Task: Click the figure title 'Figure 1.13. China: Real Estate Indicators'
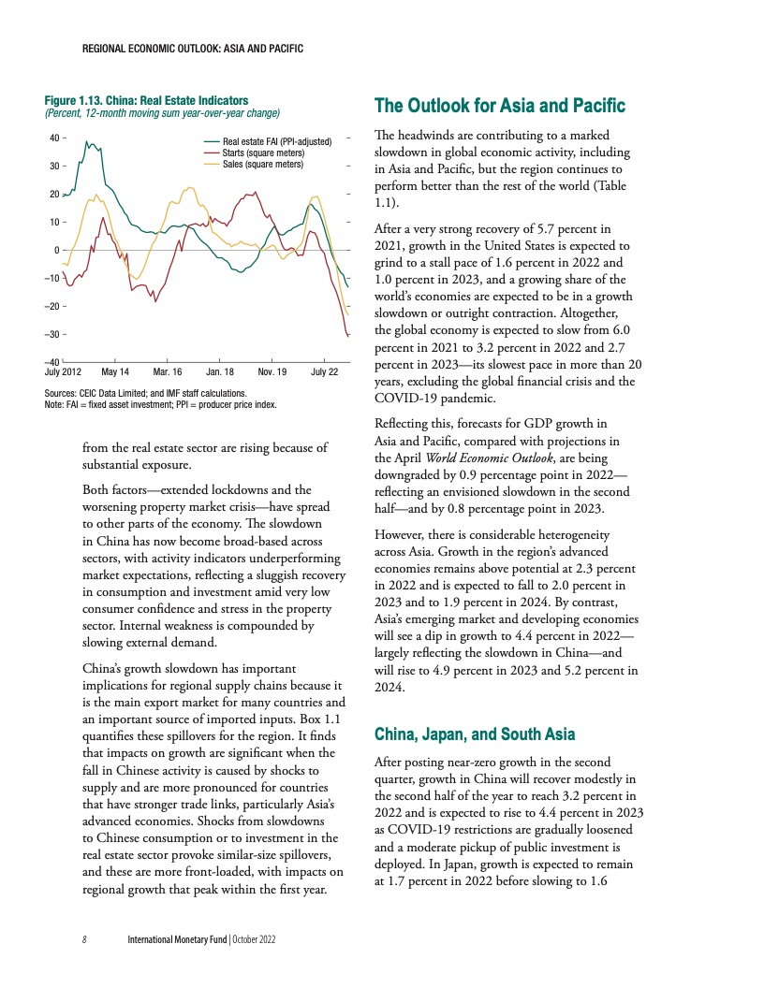(x=147, y=99)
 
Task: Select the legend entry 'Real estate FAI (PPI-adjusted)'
(x=278, y=142)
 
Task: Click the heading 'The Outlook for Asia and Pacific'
(x=499, y=105)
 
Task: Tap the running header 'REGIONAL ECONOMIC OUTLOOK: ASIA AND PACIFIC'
(x=192, y=48)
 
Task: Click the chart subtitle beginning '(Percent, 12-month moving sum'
(x=164, y=113)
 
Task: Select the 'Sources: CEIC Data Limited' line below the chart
(x=145, y=394)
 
